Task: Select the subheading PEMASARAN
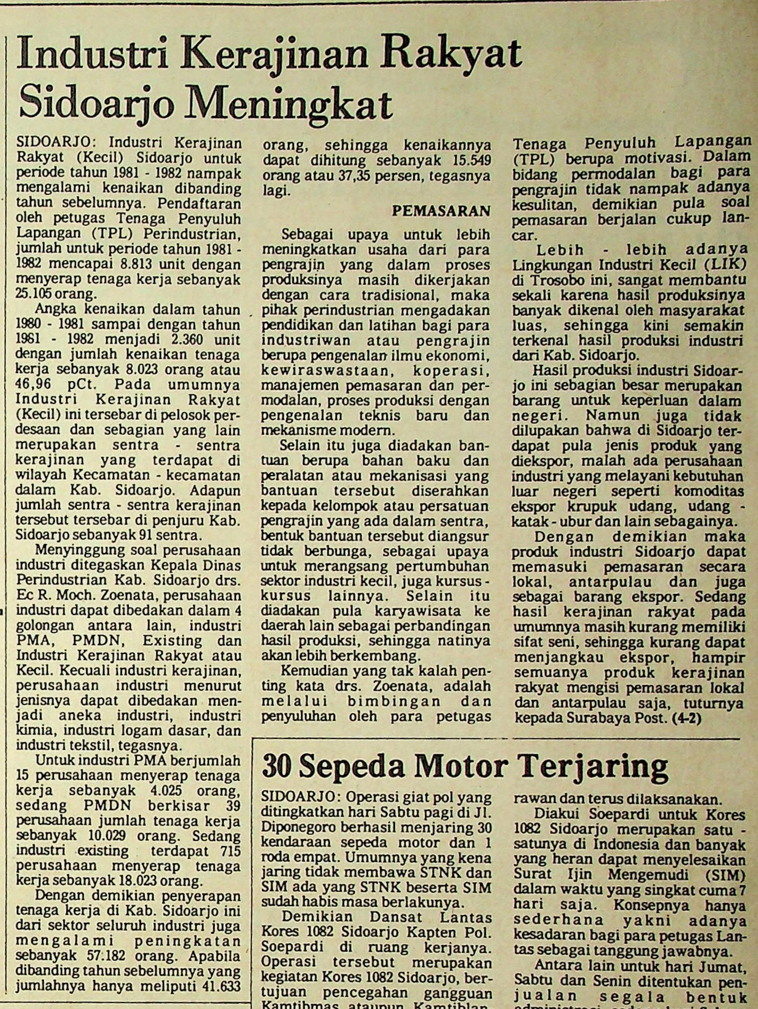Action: [441, 211]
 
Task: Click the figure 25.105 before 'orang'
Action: [36, 295]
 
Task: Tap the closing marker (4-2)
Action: [686, 719]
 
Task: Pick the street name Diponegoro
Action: [293, 828]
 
